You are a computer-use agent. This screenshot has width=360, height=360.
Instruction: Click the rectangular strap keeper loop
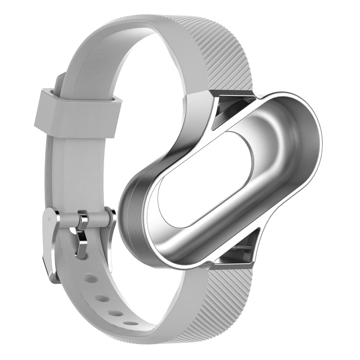[x=77, y=111]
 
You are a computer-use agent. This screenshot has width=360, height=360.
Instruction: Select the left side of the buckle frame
[x=51, y=240]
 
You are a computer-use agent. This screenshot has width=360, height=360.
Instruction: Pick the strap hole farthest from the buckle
[x=130, y=323]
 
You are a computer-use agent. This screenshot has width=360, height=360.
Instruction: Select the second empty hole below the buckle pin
[x=102, y=298]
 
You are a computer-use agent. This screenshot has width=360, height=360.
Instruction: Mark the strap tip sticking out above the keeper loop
[x=60, y=82]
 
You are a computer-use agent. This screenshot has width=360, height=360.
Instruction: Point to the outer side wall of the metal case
[x=132, y=216]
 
